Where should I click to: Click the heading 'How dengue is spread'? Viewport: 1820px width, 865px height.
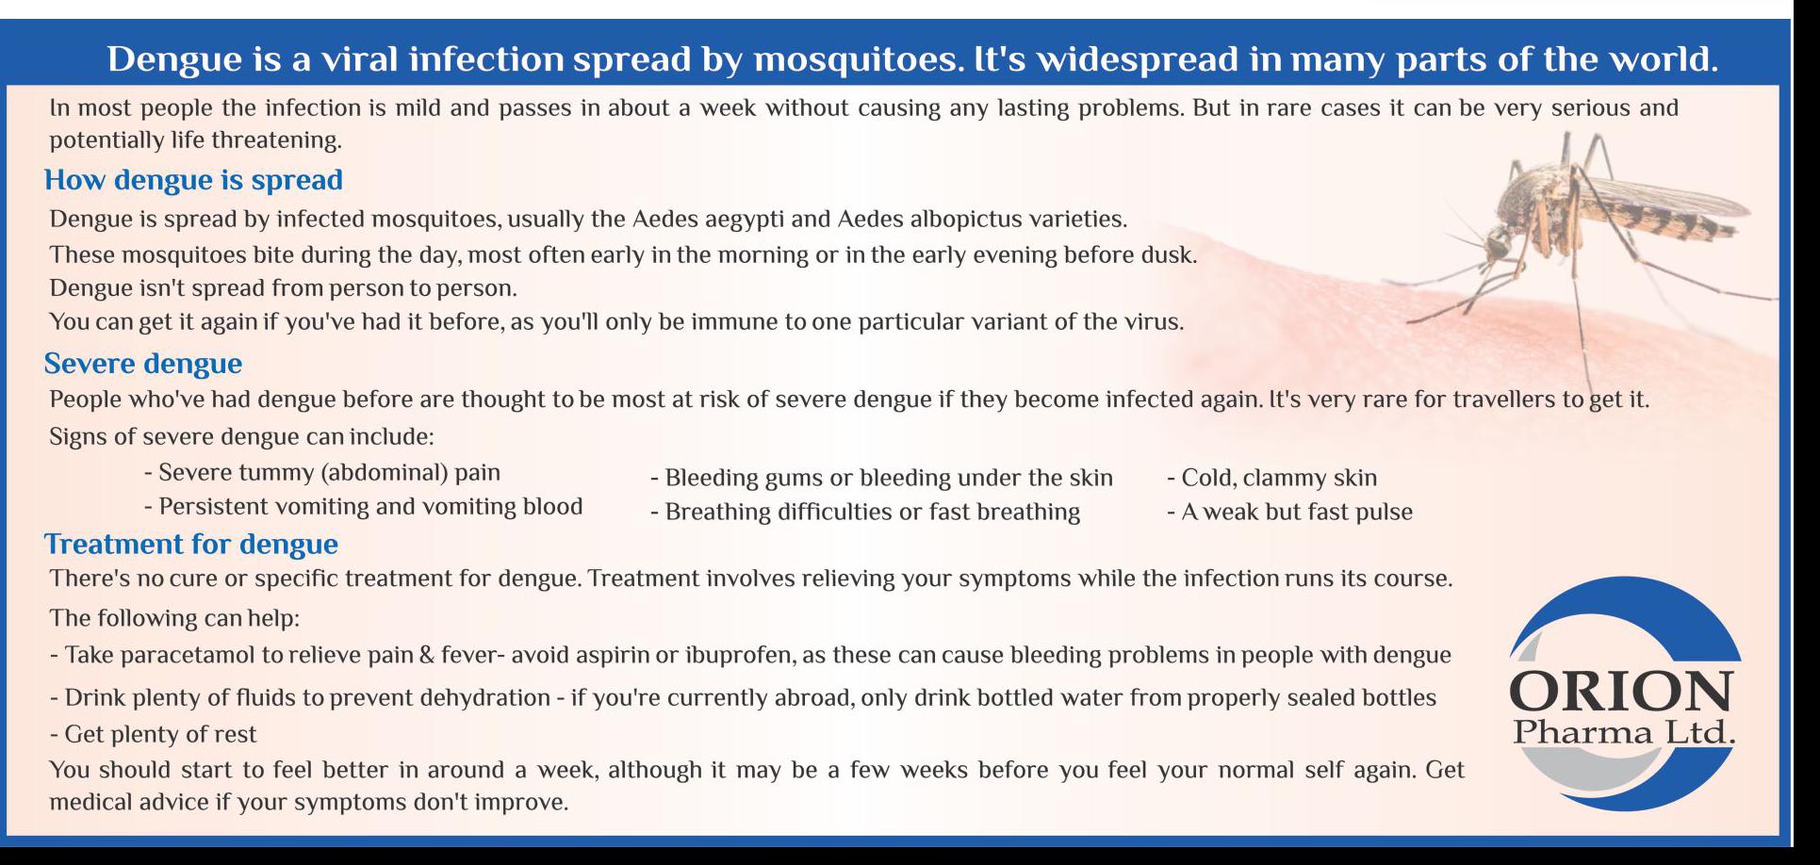click(x=193, y=180)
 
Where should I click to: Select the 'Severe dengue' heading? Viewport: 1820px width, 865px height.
click(x=143, y=364)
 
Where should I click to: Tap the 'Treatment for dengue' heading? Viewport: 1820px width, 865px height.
click(x=191, y=545)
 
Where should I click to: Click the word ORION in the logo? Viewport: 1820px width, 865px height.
click(x=1621, y=693)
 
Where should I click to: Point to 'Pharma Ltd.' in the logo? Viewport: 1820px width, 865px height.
click(x=1624, y=731)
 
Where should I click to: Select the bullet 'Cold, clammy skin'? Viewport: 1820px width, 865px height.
click(x=1272, y=478)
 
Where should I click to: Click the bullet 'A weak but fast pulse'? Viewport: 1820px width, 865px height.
click(x=1290, y=512)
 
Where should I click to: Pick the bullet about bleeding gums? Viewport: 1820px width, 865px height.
click(x=882, y=478)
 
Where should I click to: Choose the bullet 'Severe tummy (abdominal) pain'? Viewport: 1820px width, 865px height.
click(x=322, y=473)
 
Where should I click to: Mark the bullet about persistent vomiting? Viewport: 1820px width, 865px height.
click(x=364, y=507)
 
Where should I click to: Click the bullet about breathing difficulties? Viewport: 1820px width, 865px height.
click(x=865, y=512)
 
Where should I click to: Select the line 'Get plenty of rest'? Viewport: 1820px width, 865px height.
click(x=153, y=734)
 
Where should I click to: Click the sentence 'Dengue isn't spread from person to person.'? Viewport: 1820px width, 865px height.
click(x=284, y=287)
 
